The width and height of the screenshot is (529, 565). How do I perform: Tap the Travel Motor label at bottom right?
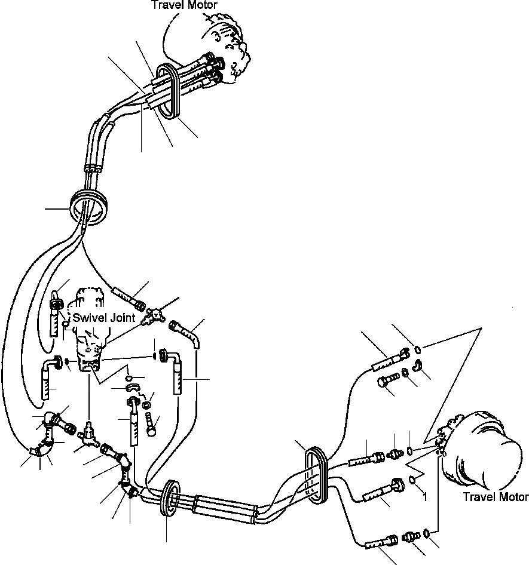496,497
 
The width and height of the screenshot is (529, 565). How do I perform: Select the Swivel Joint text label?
104,318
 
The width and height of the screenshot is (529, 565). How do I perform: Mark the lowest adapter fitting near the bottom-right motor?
409,537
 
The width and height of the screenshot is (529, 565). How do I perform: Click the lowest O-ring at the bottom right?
426,533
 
